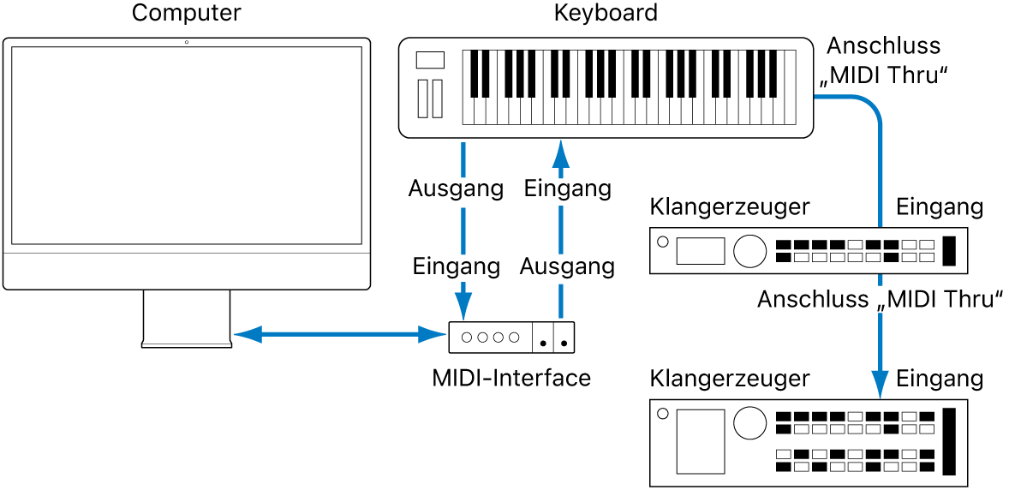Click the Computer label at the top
click(186, 13)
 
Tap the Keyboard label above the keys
click(606, 13)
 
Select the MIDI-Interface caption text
click(511, 377)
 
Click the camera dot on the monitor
click(187, 42)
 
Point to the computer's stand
click(187, 318)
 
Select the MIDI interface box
click(511, 337)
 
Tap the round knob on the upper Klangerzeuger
click(749, 250)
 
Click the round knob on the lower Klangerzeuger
click(749, 421)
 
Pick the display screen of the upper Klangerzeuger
click(701, 251)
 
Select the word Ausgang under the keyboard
click(456, 188)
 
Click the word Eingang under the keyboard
click(568, 188)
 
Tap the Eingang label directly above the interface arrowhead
click(456, 266)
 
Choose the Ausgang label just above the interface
click(568, 266)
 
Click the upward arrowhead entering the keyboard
click(560, 153)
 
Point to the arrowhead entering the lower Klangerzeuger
click(880, 384)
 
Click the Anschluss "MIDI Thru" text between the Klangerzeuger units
click(881, 300)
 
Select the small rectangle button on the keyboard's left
click(430, 60)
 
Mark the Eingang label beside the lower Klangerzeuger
click(940, 378)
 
